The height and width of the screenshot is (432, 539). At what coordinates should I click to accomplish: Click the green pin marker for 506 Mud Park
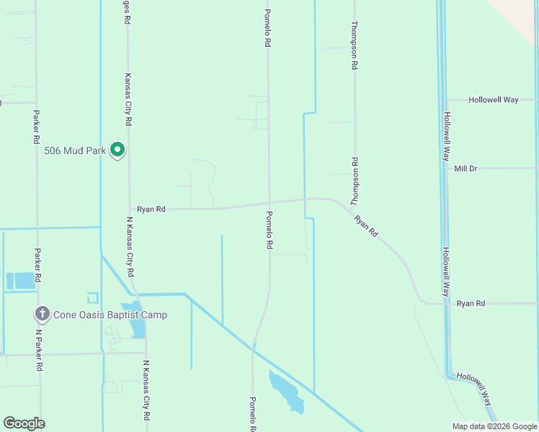tap(117, 150)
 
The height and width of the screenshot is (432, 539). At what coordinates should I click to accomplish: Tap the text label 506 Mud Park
tap(75, 150)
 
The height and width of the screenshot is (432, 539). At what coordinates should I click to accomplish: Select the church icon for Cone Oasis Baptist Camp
tap(43, 315)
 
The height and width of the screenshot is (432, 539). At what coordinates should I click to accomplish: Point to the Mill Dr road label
tap(466, 168)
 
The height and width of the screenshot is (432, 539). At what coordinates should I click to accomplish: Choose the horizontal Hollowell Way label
tap(494, 100)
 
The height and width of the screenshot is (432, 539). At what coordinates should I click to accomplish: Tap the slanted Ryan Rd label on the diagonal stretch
tap(366, 225)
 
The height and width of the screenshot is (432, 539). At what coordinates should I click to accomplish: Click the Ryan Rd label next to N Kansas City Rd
tap(151, 209)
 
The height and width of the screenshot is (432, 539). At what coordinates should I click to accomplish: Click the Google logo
tap(24, 423)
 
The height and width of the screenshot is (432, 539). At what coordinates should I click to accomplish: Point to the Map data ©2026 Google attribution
tap(495, 426)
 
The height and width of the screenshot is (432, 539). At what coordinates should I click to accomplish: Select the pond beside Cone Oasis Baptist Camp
tap(136, 321)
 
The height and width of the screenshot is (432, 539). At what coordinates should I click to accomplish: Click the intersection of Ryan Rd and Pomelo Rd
tap(269, 202)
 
